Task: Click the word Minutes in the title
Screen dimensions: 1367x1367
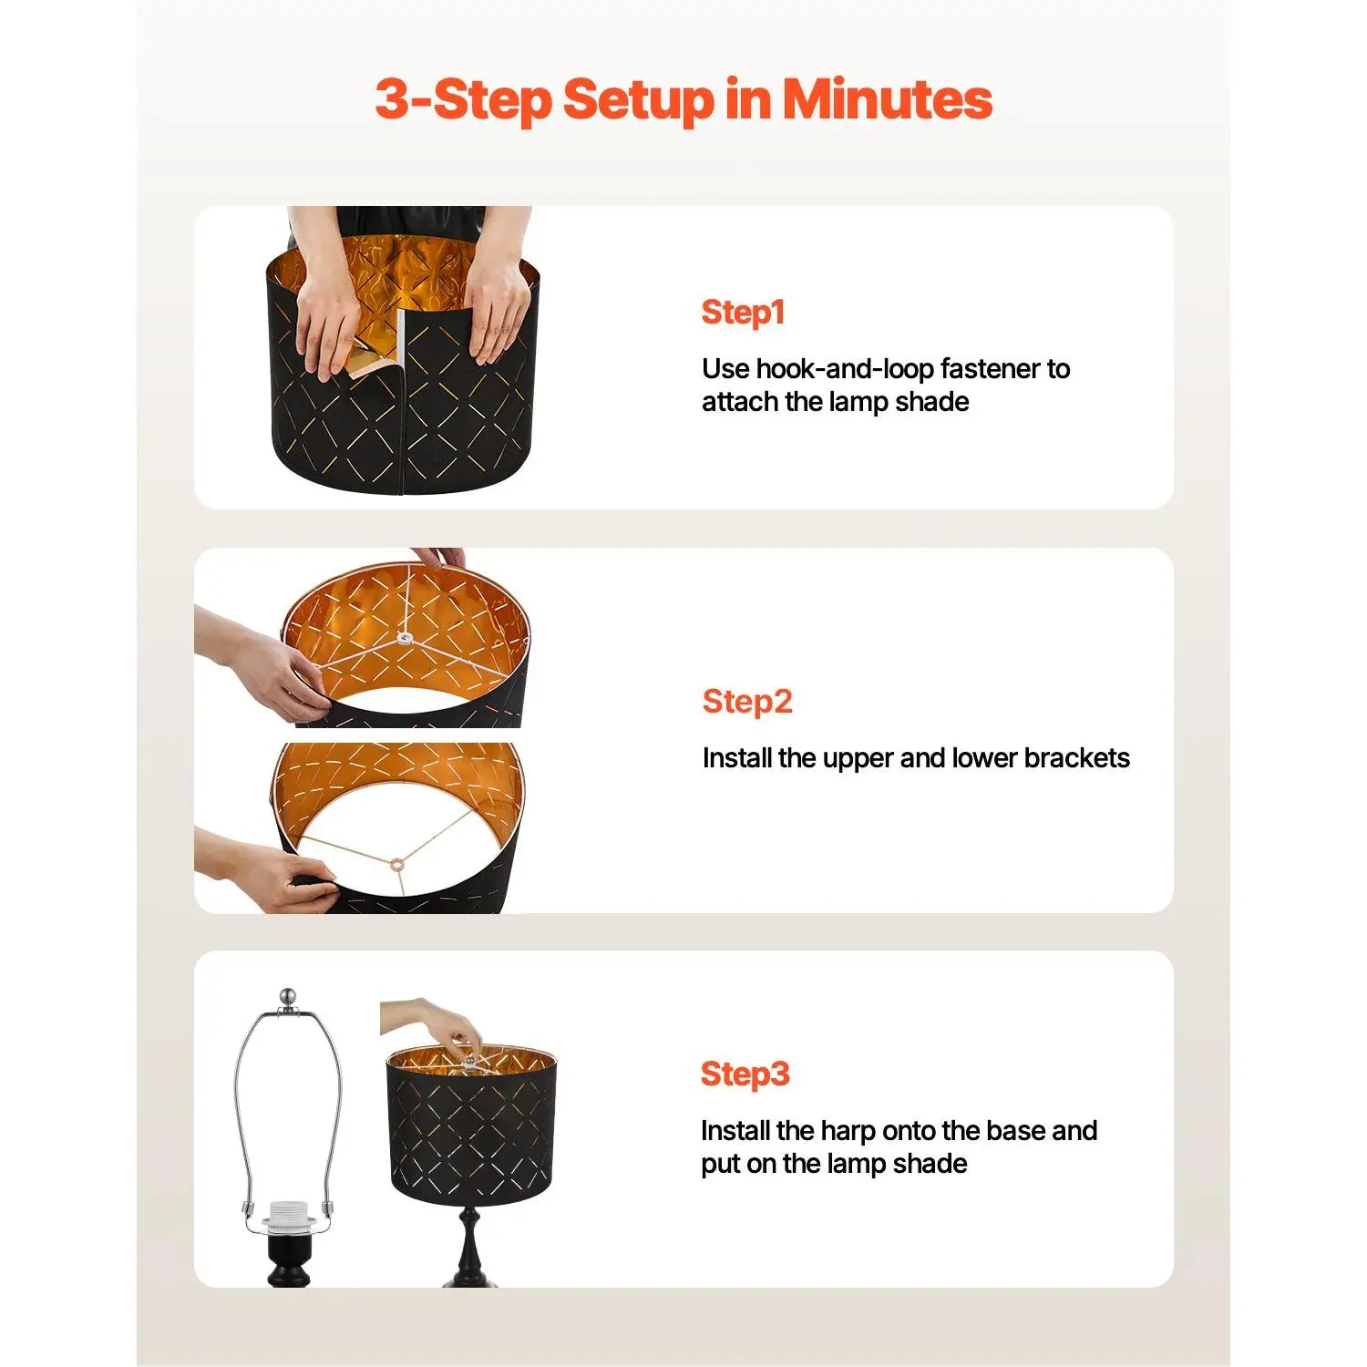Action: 888,98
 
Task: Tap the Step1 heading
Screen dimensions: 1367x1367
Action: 743,313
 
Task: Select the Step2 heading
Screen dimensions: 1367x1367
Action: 747,702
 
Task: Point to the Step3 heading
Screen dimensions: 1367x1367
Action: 745,1074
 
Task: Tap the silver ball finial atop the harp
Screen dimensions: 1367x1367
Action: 288,998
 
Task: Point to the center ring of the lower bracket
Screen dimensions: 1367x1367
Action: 396,863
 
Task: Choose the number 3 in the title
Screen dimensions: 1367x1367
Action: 392,98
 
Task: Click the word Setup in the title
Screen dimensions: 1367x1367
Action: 638,100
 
